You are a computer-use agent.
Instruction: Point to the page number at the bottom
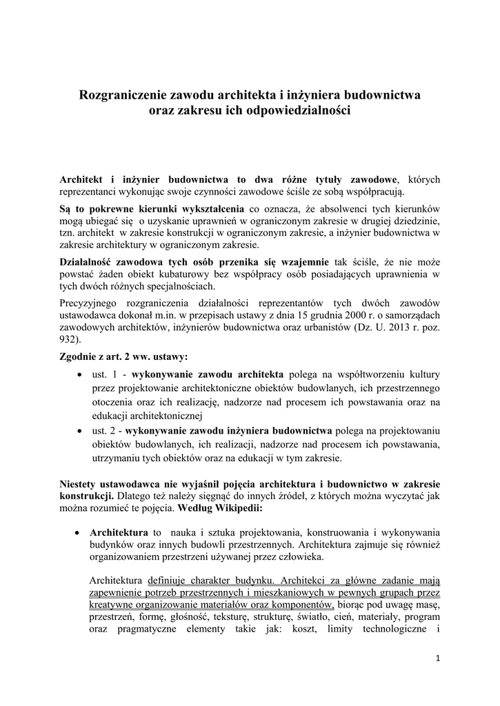tap(438, 658)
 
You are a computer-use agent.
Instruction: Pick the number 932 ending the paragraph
tap(70, 340)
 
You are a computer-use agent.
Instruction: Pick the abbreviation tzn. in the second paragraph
tap(69, 232)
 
